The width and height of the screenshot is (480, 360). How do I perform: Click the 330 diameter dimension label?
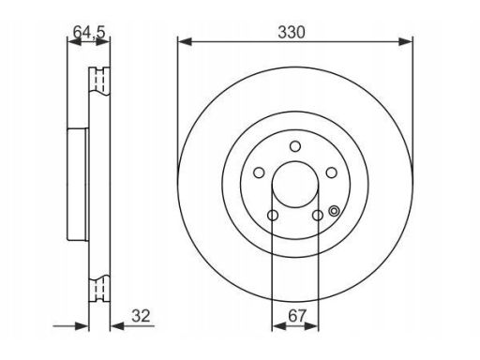tap(292, 33)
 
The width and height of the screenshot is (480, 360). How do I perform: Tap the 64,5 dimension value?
tap(89, 32)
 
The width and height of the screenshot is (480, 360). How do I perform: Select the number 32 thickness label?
tap(141, 316)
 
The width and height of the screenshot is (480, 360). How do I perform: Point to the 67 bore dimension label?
tap(297, 316)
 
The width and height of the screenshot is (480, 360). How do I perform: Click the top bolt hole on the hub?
tap(295, 146)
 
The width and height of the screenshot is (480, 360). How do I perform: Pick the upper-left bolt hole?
tap(259, 172)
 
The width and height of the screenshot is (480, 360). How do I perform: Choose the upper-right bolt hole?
tap(331, 172)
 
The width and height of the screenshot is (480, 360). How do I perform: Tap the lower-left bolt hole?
tap(273, 215)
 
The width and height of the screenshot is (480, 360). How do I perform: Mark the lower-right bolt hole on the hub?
tap(318, 215)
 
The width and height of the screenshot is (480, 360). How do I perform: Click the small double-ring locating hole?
tap(334, 211)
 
